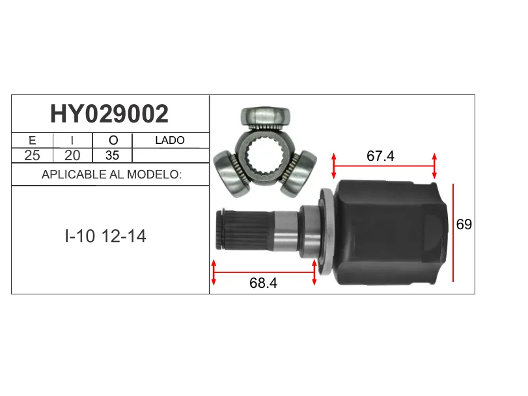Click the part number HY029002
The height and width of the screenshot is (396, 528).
click(x=109, y=114)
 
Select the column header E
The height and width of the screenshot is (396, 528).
click(x=33, y=140)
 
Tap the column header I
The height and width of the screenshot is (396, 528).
click(x=72, y=140)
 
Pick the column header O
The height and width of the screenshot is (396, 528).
click(x=113, y=140)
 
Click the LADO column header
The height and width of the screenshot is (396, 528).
click(x=170, y=140)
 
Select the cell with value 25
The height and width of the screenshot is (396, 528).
click(x=32, y=155)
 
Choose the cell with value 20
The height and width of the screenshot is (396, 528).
click(x=72, y=155)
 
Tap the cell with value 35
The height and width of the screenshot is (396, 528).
click(x=112, y=155)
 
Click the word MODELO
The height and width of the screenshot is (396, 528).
click(x=154, y=175)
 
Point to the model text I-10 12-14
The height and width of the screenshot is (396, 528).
click(x=105, y=236)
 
